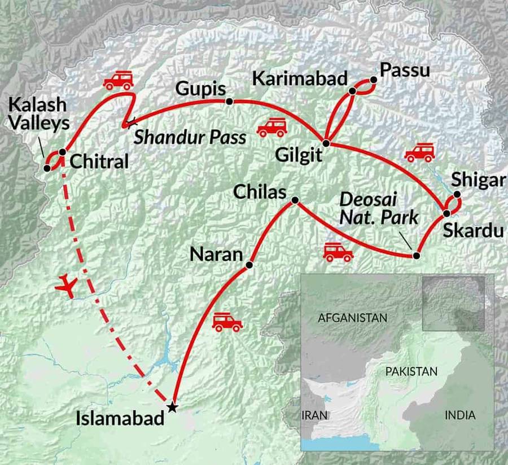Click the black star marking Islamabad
(173, 407)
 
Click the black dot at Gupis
(229, 102)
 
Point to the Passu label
(405, 71)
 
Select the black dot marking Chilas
(295, 200)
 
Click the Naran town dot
(249, 264)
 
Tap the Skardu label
(465, 230)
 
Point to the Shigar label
(476, 181)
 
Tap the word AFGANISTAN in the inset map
(353, 318)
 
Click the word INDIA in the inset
(460, 415)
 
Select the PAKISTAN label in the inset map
(411, 371)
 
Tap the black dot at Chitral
(62, 152)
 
